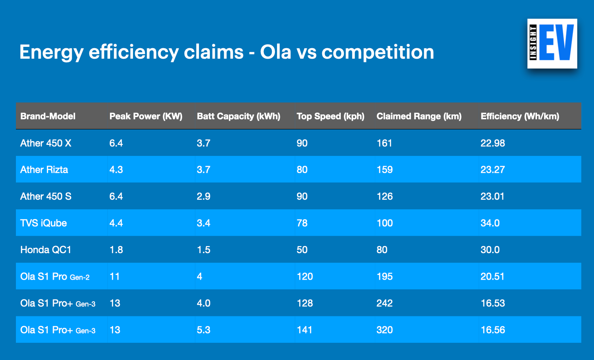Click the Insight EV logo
(552, 43)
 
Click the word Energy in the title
(51, 53)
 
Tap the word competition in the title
(377, 52)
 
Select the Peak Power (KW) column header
(146, 116)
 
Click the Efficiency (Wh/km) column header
(520, 116)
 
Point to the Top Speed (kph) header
(331, 116)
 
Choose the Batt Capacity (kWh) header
(238, 116)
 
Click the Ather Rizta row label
(44, 170)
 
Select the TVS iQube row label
(43, 223)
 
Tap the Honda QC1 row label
(46, 250)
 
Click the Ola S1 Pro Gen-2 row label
(55, 277)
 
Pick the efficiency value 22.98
(493, 143)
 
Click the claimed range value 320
(385, 330)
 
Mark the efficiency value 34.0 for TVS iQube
(490, 223)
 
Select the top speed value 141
(305, 330)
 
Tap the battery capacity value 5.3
(203, 330)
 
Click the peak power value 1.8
(116, 250)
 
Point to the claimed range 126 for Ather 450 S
(385, 197)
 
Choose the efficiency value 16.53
(493, 303)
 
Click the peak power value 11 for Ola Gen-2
(114, 277)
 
